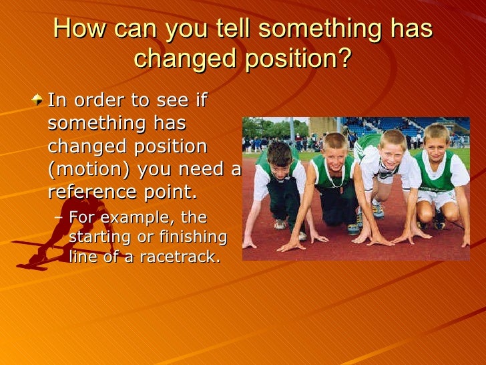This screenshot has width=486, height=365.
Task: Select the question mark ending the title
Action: [343, 59]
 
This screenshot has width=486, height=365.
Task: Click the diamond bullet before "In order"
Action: [38, 102]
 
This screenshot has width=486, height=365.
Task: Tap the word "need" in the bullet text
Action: [203, 170]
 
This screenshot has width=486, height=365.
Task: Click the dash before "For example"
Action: [59, 219]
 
